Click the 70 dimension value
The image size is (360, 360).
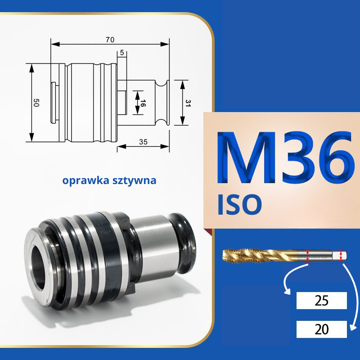[x=110, y=40]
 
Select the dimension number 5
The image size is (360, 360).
[x=121, y=53]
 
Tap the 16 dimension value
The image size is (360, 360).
[x=143, y=103]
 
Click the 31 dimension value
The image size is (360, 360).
[x=188, y=103]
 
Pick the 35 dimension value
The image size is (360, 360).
[x=143, y=142]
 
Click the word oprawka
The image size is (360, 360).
[x=85, y=180]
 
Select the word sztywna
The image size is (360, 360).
[x=135, y=180]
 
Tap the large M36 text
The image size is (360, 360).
[x=285, y=158]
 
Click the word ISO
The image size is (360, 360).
[x=239, y=205]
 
